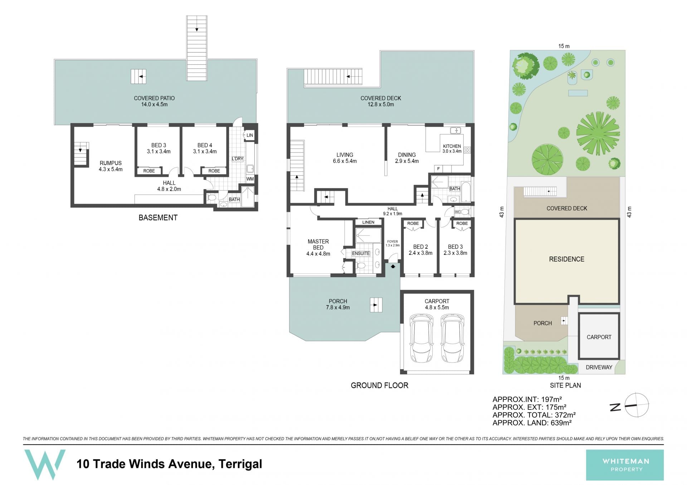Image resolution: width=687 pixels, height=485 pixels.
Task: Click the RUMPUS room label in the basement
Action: (x=111, y=166)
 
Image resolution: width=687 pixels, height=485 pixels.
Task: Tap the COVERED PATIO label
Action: (x=154, y=101)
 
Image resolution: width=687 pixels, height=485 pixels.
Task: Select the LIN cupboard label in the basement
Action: (x=250, y=135)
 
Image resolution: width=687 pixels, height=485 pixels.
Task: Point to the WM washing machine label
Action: (x=250, y=179)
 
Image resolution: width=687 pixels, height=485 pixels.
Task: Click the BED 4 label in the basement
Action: (x=205, y=148)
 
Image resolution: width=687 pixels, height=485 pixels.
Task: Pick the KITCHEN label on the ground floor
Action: (x=452, y=149)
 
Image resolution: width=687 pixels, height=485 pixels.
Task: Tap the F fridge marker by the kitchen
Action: (x=438, y=169)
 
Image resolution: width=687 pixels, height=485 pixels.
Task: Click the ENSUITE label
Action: (x=361, y=253)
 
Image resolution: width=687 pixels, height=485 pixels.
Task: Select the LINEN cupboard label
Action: (x=368, y=222)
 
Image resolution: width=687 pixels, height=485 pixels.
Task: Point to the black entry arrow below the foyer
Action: (x=393, y=266)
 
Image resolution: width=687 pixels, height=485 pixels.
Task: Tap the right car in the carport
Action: (x=453, y=338)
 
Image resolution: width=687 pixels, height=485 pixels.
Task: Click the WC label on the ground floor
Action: (x=457, y=212)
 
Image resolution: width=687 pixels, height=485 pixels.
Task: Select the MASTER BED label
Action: (x=318, y=248)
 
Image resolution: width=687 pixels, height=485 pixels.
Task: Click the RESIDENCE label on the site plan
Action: (x=566, y=259)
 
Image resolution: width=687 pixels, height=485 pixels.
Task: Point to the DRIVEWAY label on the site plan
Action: (x=599, y=367)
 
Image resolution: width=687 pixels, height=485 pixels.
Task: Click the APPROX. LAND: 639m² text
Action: (x=532, y=423)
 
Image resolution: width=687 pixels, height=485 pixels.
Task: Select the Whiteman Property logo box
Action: (x=625, y=465)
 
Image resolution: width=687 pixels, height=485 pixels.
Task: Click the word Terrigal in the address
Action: (x=240, y=464)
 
